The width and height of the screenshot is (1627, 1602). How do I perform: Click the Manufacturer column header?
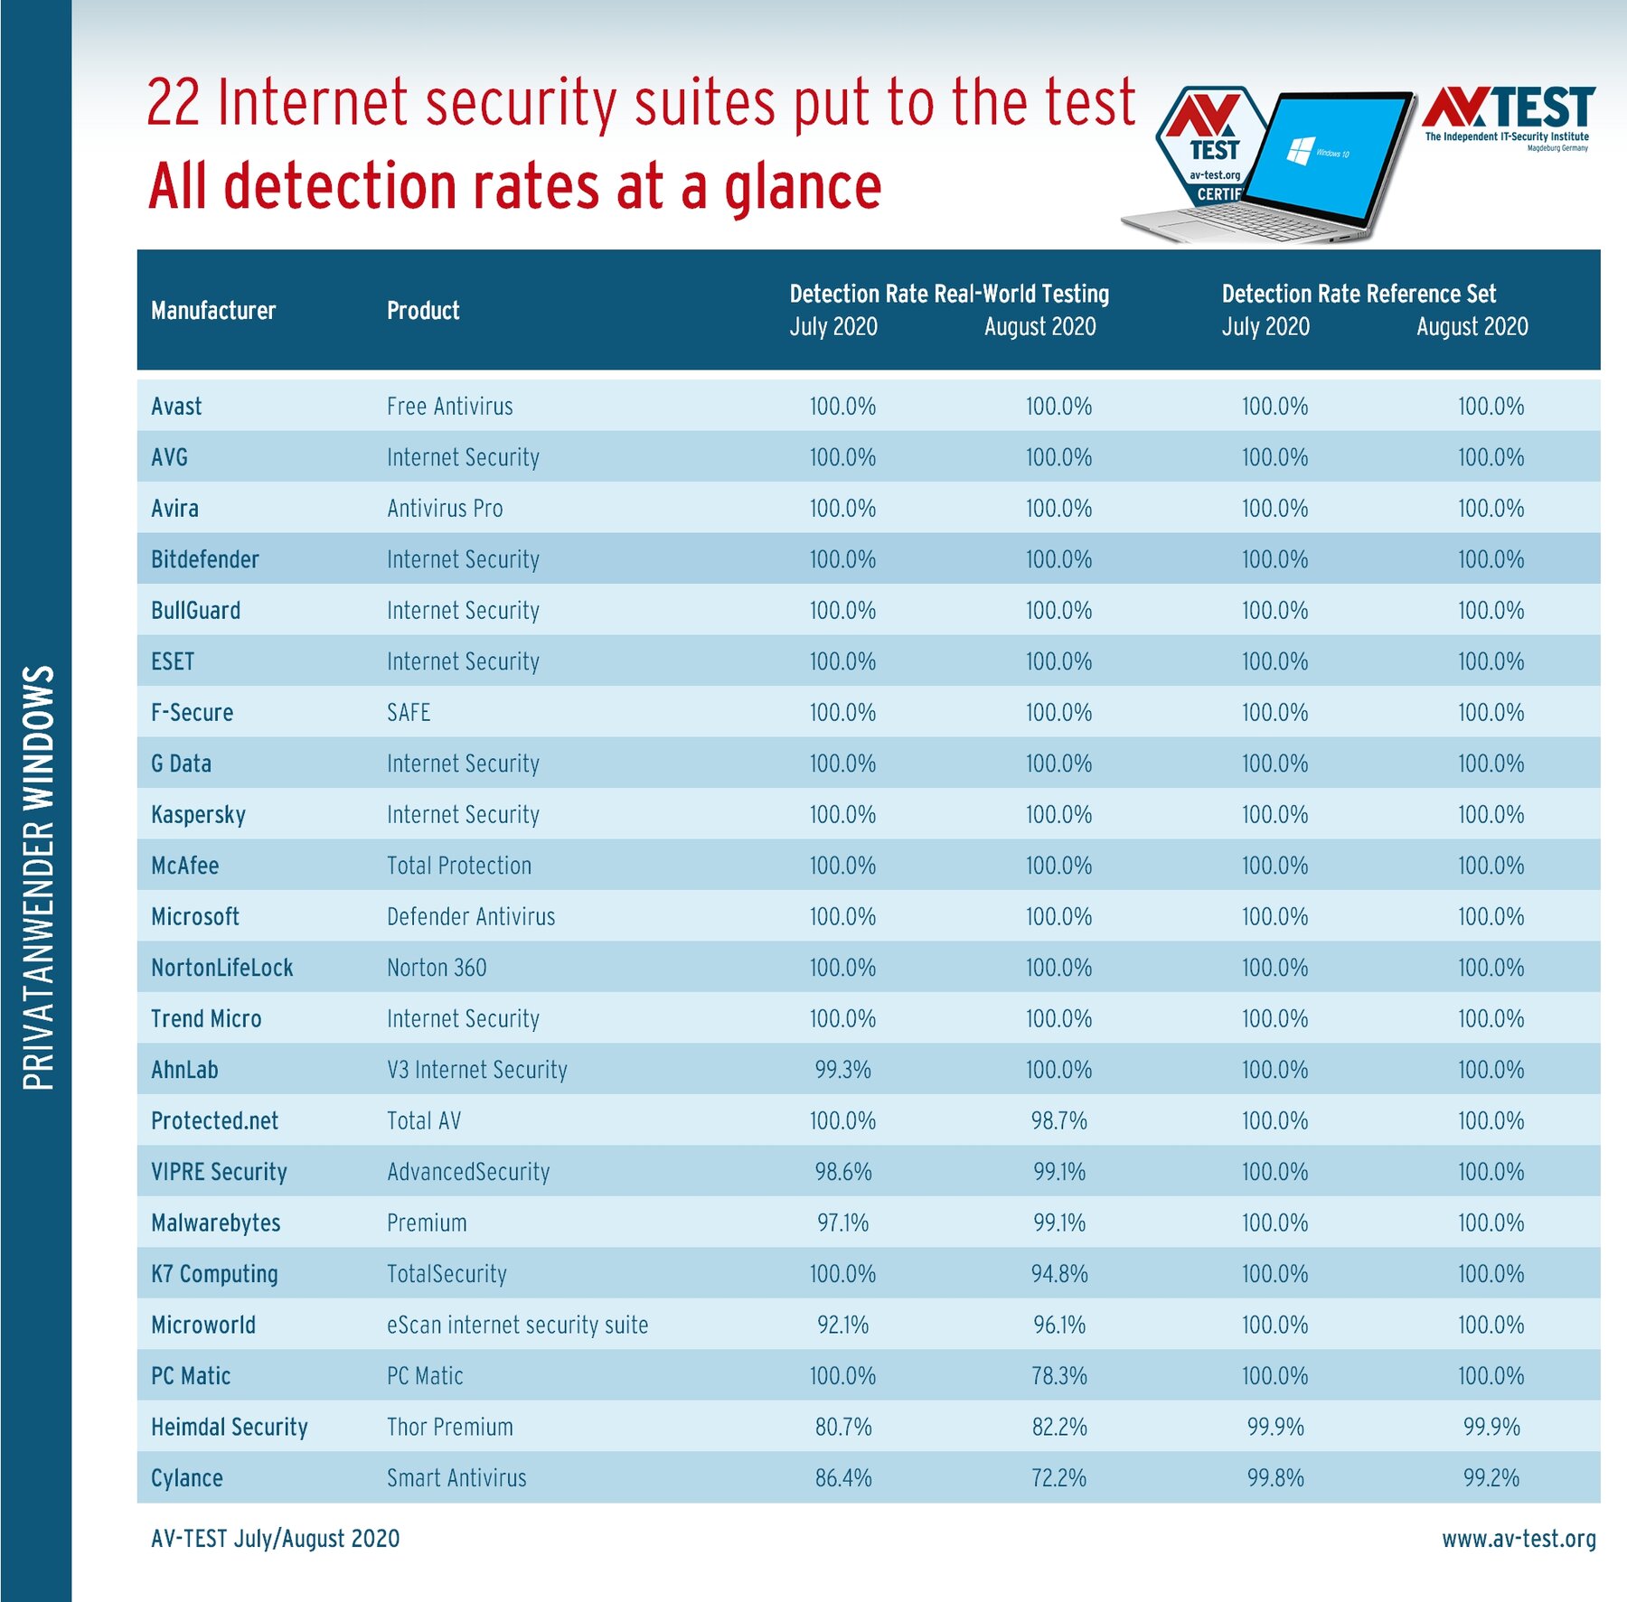click(213, 311)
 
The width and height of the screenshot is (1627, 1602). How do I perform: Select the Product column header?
click(423, 311)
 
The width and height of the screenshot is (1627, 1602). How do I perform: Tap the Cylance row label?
click(187, 1478)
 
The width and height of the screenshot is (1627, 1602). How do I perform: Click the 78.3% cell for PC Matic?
click(1059, 1376)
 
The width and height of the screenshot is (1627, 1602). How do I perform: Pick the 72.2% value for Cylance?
click(1059, 1478)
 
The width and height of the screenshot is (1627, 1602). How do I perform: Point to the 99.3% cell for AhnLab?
click(843, 1070)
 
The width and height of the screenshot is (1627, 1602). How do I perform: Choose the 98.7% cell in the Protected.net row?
click(1059, 1121)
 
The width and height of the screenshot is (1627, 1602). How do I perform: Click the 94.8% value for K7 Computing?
click(1059, 1274)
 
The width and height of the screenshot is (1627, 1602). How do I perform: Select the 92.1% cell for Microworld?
click(843, 1326)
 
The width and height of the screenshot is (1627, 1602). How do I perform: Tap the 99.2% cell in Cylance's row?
click(1491, 1478)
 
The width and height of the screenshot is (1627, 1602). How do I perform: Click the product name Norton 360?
click(437, 968)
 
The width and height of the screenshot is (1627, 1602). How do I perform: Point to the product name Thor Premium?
click(450, 1428)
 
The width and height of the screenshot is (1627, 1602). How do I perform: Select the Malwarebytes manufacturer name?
click(216, 1223)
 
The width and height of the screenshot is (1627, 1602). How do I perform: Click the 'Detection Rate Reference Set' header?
click(1359, 294)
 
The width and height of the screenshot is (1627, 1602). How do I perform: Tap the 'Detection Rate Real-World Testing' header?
click(949, 294)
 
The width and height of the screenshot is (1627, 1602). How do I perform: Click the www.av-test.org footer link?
click(1519, 1539)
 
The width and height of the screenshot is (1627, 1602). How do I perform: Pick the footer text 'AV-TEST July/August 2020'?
click(276, 1539)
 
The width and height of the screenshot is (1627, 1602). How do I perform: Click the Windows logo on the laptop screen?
click(1300, 150)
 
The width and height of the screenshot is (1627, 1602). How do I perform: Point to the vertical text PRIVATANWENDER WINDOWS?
click(38, 877)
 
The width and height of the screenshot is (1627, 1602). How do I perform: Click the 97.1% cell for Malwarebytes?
click(843, 1223)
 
